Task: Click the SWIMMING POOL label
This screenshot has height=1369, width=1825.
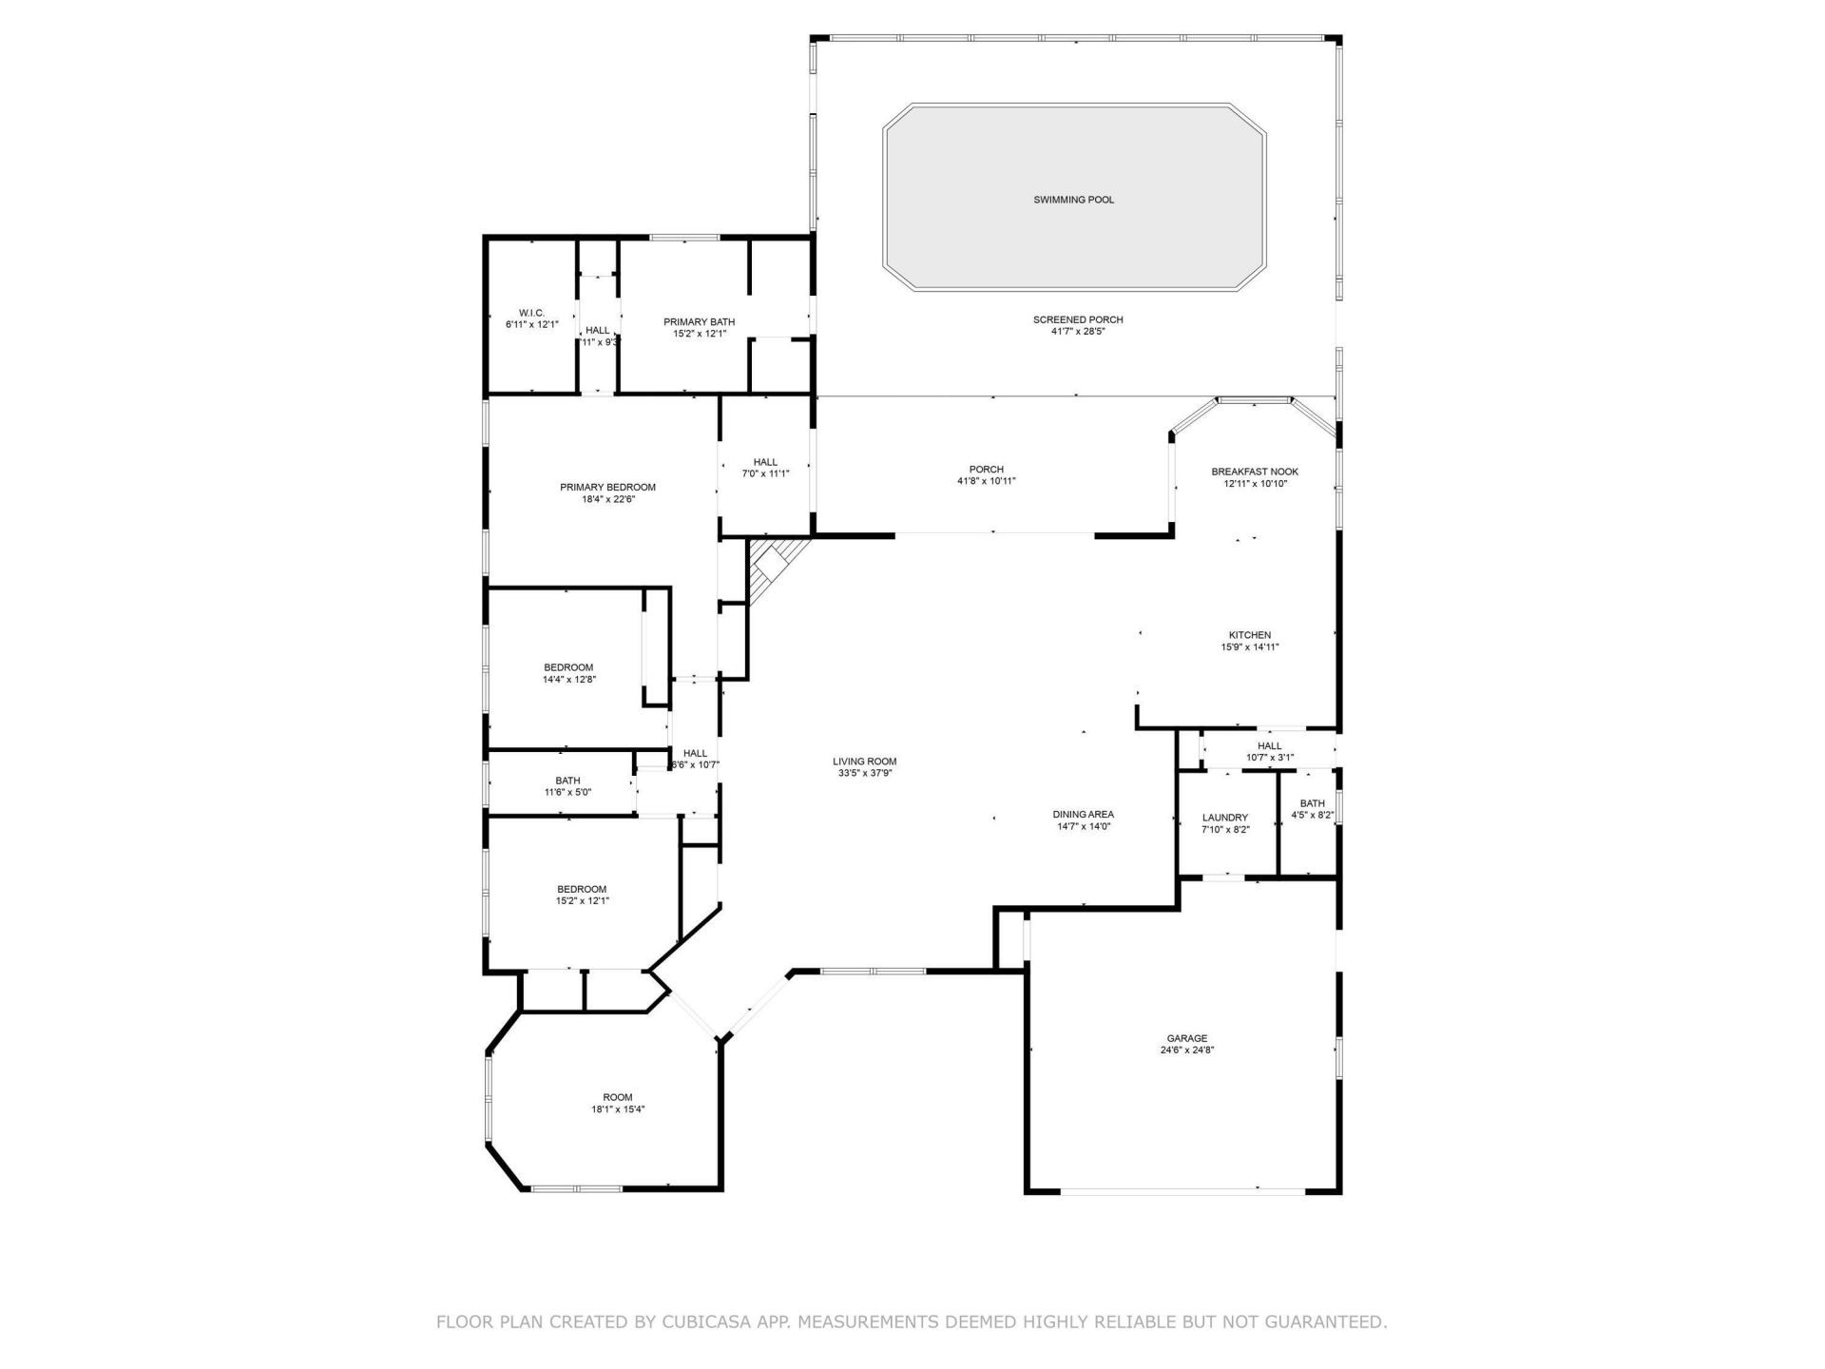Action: [1073, 200]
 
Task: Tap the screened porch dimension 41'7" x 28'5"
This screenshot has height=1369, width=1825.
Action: [1077, 332]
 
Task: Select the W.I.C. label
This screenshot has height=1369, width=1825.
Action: [531, 313]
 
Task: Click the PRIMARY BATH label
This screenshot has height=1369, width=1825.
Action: [699, 322]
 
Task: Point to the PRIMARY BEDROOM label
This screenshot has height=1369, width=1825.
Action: [607, 488]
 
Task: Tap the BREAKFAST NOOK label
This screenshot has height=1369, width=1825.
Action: [1254, 472]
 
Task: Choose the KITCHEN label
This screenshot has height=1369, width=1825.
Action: [1249, 635]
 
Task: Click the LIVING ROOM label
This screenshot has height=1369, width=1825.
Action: [864, 762]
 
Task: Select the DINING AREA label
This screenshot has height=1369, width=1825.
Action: [1083, 815]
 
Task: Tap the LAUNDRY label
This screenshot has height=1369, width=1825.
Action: [1224, 818]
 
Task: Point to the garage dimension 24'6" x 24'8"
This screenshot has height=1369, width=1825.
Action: [1187, 1051]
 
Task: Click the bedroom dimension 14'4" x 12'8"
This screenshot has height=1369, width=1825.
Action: [568, 680]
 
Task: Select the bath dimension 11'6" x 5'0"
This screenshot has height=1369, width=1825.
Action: [567, 792]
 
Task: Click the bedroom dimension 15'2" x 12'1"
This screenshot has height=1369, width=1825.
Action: [582, 901]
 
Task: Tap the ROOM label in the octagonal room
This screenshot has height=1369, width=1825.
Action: [617, 1097]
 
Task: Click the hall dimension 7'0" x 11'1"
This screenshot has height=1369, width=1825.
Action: [765, 473]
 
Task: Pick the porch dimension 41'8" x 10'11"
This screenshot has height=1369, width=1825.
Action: [986, 481]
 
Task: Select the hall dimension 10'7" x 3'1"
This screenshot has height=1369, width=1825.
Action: [1269, 758]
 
